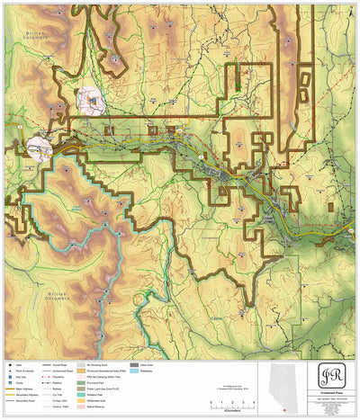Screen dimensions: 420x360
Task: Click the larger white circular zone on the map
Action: [x=94, y=101]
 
